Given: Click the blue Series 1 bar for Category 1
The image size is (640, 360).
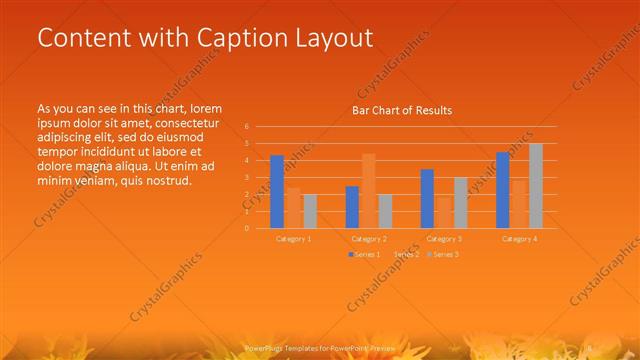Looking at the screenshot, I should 277,191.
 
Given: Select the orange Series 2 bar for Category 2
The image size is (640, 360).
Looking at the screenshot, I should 368,191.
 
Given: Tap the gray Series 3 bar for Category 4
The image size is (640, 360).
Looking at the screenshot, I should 535,186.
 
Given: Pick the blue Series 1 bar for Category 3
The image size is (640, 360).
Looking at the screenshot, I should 427,198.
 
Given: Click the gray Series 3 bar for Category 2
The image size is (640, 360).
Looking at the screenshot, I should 385,211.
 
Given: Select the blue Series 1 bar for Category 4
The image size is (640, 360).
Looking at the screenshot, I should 503,190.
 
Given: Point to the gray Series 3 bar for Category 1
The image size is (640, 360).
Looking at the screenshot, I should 309,211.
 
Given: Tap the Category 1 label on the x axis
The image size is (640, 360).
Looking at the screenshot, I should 293,239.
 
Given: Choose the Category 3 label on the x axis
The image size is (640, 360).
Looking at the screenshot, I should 443,239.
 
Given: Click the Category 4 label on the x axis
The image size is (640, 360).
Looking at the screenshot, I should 519,239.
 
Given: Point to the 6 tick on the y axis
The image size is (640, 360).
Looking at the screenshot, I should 247,127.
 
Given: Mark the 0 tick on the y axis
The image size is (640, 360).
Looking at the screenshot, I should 247,228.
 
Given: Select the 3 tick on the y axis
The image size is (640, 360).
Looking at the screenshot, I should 247,177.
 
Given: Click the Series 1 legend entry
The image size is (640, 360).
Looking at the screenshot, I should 365,255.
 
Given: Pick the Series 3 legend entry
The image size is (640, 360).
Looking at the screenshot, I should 445,255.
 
